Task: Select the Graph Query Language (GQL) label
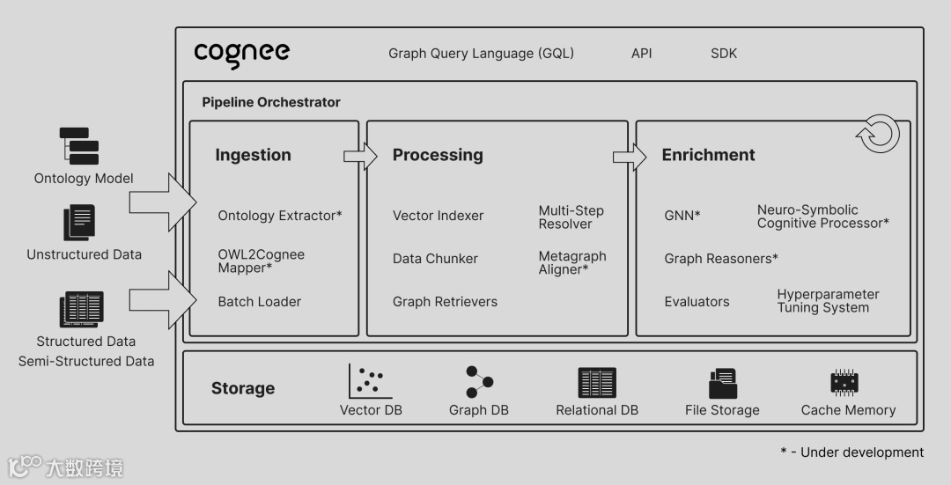click(481, 53)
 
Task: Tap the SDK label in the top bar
click(724, 53)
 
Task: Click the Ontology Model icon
click(79, 145)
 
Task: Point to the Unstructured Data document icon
click(79, 223)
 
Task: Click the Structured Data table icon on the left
click(82, 309)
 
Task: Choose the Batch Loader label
click(260, 301)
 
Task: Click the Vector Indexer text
click(438, 216)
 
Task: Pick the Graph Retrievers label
click(445, 301)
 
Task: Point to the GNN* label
click(682, 216)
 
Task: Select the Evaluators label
click(697, 301)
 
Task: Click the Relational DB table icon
click(597, 382)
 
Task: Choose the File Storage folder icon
click(722, 383)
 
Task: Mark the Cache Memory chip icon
click(844, 383)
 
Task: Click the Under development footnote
click(851, 452)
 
